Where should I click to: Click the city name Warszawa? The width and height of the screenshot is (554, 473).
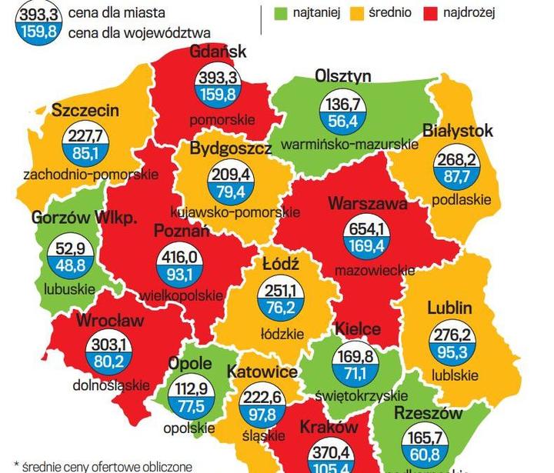click(x=367, y=204)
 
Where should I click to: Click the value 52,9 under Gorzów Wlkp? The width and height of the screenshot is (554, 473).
click(x=65, y=247)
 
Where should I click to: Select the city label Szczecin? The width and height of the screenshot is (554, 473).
click(x=85, y=110)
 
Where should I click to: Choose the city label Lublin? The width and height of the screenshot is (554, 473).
click(x=449, y=308)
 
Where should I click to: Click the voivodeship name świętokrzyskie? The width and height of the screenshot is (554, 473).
click(x=362, y=395)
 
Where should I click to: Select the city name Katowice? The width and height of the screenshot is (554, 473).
click(x=262, y=372)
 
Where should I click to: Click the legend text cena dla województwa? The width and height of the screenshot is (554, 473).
click(x=139, y=33)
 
